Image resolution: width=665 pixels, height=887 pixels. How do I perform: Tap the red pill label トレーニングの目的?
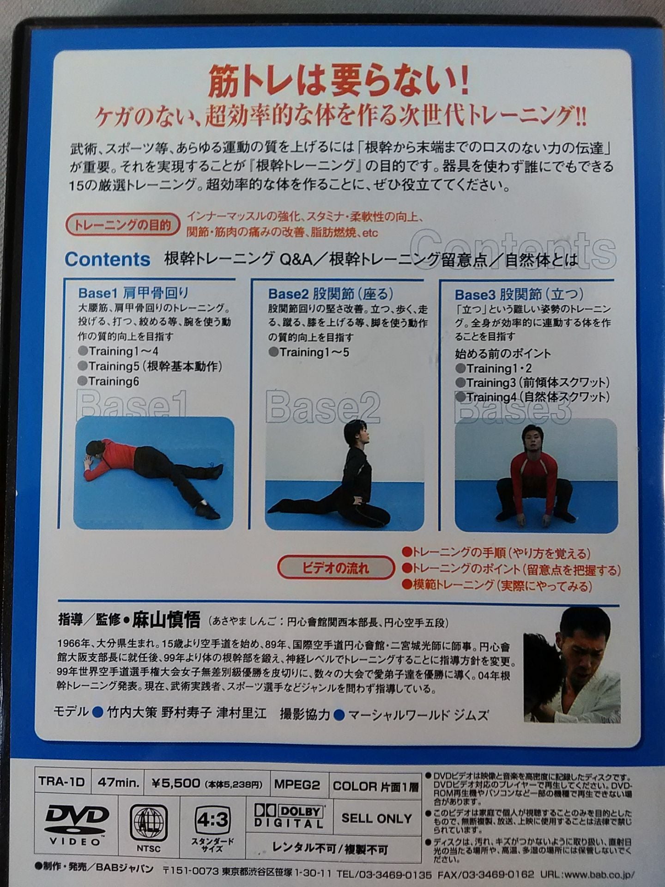[122, 225]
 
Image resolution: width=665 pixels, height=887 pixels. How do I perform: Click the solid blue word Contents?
[107, 260]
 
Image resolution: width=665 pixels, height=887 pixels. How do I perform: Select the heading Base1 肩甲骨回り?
[133, 293]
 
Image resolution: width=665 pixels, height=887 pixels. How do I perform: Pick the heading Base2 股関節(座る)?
[331, 294]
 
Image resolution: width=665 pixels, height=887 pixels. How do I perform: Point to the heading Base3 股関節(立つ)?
[519, 294]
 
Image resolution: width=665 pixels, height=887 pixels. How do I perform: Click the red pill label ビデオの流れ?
[336, 568]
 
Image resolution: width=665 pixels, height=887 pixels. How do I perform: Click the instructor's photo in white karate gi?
[573, 665]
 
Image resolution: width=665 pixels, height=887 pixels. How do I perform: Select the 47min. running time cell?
[118, 782]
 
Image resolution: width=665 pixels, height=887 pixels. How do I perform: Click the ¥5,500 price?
[175, 783]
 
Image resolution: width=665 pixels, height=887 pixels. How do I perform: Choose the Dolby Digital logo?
[289, 817]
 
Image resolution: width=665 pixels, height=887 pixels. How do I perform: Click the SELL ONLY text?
[376, 818]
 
